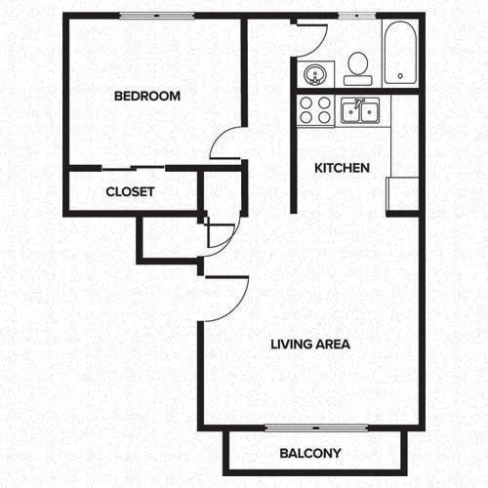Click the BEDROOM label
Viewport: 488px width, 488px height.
(147, 96)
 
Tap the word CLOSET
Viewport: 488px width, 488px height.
(130, 192)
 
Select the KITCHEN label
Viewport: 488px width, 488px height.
(342, 168)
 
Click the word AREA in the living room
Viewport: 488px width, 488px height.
(333, 345)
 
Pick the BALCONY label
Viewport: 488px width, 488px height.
(309, 453)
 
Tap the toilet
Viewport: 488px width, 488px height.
(357, 66)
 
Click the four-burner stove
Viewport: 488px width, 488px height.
(316, 109)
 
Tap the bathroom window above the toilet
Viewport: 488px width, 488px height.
(355, 16)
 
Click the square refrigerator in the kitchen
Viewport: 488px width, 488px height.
(402, 193)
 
